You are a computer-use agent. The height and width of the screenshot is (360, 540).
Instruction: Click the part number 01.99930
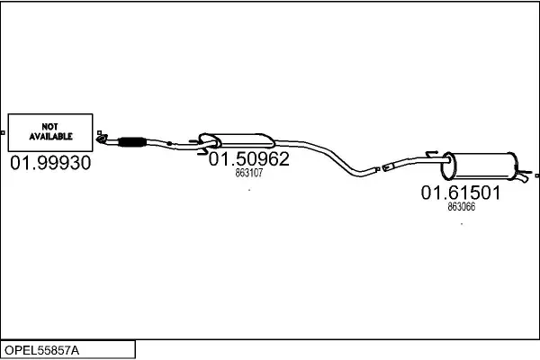click(x=50, y=163)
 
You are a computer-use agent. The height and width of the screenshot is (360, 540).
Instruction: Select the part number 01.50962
click(x=248, y=158)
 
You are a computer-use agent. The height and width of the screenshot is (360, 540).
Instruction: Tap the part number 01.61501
click(x=461, y=193)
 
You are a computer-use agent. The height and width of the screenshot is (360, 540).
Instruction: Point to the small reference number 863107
click(x=249, y=173)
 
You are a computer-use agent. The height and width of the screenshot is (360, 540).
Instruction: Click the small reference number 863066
click(x=462, y=206)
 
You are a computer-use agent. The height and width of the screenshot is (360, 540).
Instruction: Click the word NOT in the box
click(x=49, y=127)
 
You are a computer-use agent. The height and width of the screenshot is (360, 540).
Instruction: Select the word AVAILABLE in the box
click(x=50, y=137)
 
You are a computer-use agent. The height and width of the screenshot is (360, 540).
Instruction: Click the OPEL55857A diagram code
click(x=41, y=350)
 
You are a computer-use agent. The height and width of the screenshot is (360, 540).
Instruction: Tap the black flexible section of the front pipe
click(x=132, y=142)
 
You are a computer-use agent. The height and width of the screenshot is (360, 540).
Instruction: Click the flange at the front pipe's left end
click(x=102, y=139)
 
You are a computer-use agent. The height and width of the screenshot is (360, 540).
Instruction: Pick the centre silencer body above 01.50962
click(x=238, y=141)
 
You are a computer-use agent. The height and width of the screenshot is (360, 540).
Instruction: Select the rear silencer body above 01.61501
click(x=480, y=166)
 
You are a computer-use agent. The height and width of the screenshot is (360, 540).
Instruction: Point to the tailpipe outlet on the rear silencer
click(x=522, y=177)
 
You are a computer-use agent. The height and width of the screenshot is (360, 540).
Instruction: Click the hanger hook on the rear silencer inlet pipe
click(x=432, y=154)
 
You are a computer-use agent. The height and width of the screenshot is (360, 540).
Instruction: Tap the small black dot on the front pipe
click(x=169, y=143)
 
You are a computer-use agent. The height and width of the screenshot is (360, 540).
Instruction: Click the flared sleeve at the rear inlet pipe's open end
click(x=388, y=166)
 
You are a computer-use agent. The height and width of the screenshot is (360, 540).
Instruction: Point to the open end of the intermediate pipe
click(x=376, y=169)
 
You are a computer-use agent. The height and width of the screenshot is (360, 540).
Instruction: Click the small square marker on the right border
click(x=537, y=175)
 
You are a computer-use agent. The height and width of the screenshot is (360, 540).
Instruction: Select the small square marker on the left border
click(x=3, y=132)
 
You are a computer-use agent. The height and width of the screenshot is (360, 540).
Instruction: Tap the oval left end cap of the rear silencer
click(x=448, y=166)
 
